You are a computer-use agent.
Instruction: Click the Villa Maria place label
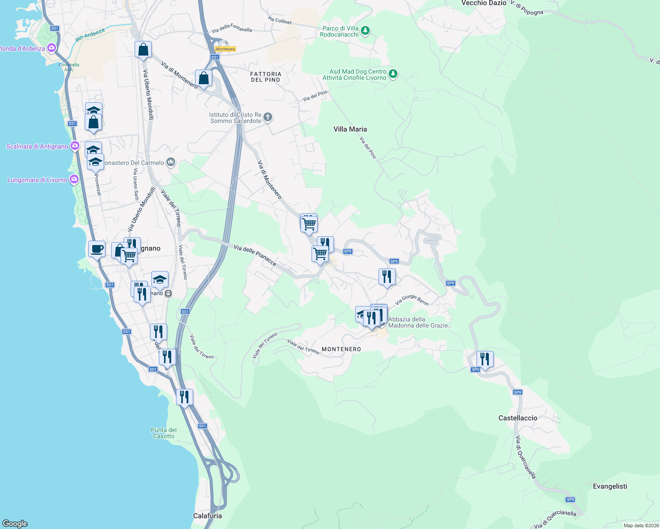(350, 129)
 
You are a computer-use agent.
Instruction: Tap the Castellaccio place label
(517, 418)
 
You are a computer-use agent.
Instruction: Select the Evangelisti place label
(610, 486)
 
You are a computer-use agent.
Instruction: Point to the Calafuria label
(207, 516)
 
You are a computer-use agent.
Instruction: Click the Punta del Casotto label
(164, 433)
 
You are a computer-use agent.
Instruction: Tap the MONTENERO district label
(341, 349)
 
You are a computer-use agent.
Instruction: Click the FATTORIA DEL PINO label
(266, 77)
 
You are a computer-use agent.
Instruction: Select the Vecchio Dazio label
(484, 3)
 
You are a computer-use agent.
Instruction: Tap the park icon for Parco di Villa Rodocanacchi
(365, 31)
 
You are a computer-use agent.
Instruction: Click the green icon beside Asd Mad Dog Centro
(393, 74)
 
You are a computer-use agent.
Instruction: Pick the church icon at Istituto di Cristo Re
(268, 117)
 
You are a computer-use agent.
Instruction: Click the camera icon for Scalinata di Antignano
(75, 146)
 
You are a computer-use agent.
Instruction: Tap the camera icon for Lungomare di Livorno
(74, 179)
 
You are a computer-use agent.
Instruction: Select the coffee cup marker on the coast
(97, 250)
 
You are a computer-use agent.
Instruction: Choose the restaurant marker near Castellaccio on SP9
(485, 359)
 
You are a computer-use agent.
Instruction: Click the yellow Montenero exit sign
(225, 49)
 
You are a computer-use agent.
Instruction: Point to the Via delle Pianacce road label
(255, 256)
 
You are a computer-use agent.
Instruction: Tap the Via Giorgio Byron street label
(412, 300)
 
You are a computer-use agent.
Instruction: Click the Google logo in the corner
(15, 523)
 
